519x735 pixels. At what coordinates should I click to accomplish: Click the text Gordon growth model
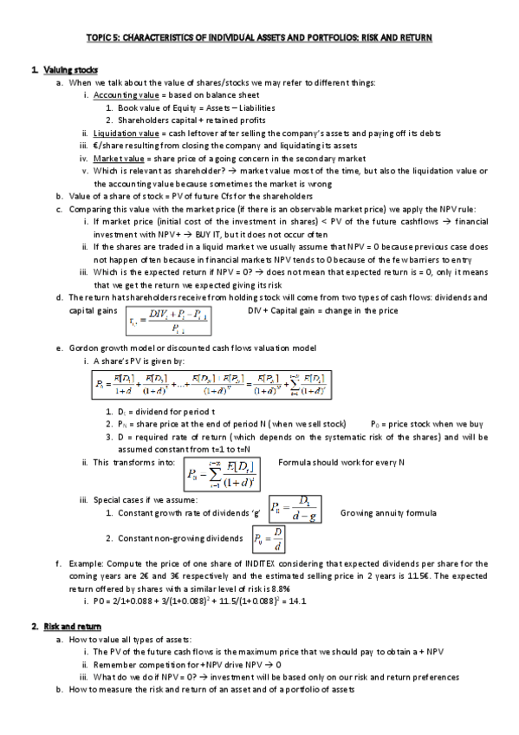pyautogui.click(x=107, y=348)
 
